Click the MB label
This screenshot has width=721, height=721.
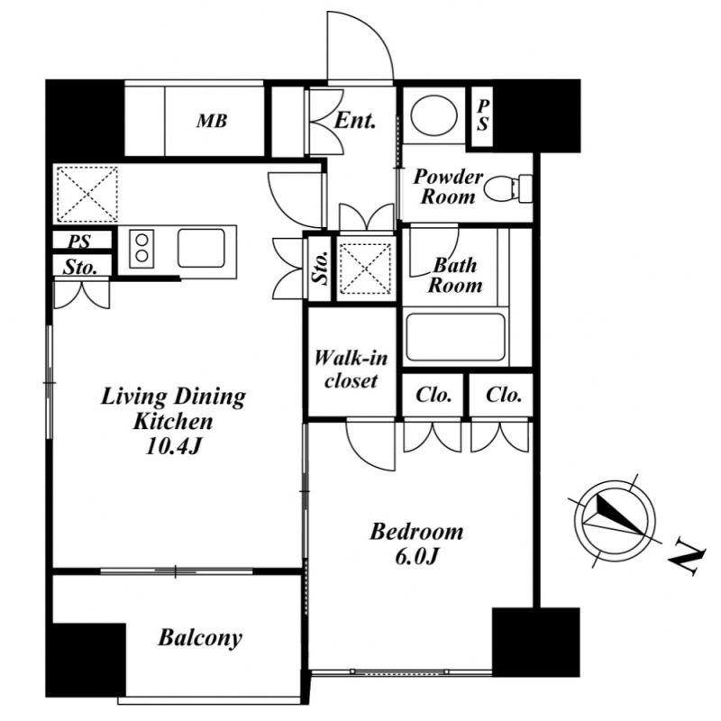click(x=212, y=121)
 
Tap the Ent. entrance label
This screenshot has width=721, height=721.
click(x=354, y=121)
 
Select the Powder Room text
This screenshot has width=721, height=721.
click(x=447, y=187)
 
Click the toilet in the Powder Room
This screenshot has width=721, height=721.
click(x=508, y=188)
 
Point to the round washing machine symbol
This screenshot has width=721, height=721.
click(x=434, y=115)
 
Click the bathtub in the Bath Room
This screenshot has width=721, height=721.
click(x=455, y=337)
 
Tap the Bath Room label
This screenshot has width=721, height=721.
click(x=455, y=275)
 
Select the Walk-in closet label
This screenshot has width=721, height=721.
click(x=351, y=370)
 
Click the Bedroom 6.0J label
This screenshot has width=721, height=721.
click(x=416, y=543)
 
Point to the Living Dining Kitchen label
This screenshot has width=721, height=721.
click(x=173, y=421)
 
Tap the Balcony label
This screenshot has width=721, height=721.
click(x=200, y=638)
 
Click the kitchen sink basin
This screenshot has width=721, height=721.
click(x=201, y=249)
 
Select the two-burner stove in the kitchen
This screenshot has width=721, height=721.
click(x=141, y=249)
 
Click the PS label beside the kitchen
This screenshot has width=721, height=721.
click(x=79, y=242)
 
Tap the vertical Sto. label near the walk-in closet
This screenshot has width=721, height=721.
click(x=320, y=268)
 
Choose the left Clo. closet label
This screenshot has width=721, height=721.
click(x=434, y=395)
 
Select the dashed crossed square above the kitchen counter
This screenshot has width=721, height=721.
click(x=87, y=195)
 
